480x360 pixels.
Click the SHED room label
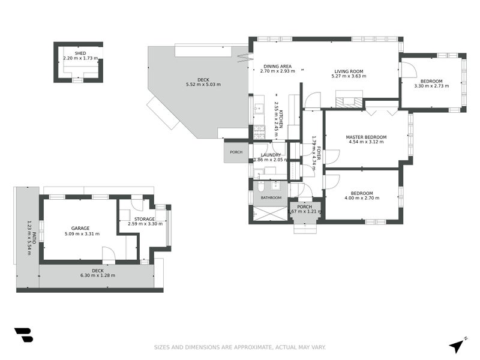pos(80,53)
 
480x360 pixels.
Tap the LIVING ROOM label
pos(349,71)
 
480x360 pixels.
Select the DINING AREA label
pos(277,66)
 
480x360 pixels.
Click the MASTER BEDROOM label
pos(366,137)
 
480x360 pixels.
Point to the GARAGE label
pos(80,228)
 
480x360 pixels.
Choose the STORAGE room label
pos(145,219)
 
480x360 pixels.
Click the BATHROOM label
pos(271,197)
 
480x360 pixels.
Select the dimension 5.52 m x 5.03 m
pos(203,84)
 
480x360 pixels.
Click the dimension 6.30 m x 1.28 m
pos(98,275)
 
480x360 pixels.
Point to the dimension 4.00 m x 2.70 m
pos(362,198)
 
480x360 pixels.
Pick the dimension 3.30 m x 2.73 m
pos(431,86)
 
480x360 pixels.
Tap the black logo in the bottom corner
pos(23,335)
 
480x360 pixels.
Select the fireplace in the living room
pos(349,101)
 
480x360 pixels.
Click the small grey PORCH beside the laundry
pos(236,152)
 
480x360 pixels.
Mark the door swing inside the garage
pos(109,254)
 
